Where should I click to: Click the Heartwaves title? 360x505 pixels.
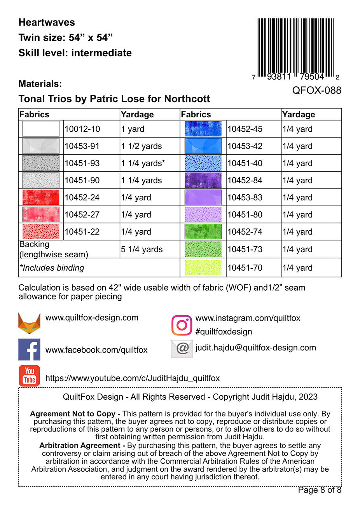[x=47, y=23]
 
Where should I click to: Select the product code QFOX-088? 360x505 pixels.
[x=316, y=91]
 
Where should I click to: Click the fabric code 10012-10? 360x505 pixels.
[x=82, y=129]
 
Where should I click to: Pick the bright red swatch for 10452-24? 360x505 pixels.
[x=41, y=197]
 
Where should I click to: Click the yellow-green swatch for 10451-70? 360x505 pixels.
[x=203, y=268]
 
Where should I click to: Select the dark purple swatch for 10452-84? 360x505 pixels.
[x=203, y=180]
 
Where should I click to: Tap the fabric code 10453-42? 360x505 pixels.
[x=245, y=146]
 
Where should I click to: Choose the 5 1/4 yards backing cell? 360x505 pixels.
[x=142, y=249]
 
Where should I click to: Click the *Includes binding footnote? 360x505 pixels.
[x=52, y=268]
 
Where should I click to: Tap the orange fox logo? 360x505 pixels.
[x=29, y=323]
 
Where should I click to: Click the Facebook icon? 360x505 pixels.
[x=29, y=350]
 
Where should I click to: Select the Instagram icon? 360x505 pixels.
[x=182, y=325]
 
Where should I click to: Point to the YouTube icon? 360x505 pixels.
[x=29, y=376]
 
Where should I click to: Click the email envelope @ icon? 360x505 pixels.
[x=182, y=348]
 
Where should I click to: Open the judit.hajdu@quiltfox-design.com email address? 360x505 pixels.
[x=255, y=348]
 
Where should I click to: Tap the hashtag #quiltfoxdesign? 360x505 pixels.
[x=224, y=331]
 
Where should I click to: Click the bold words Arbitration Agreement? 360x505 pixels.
[x=80, y=446]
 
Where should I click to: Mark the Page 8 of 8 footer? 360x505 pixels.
[x=319, y=490]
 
